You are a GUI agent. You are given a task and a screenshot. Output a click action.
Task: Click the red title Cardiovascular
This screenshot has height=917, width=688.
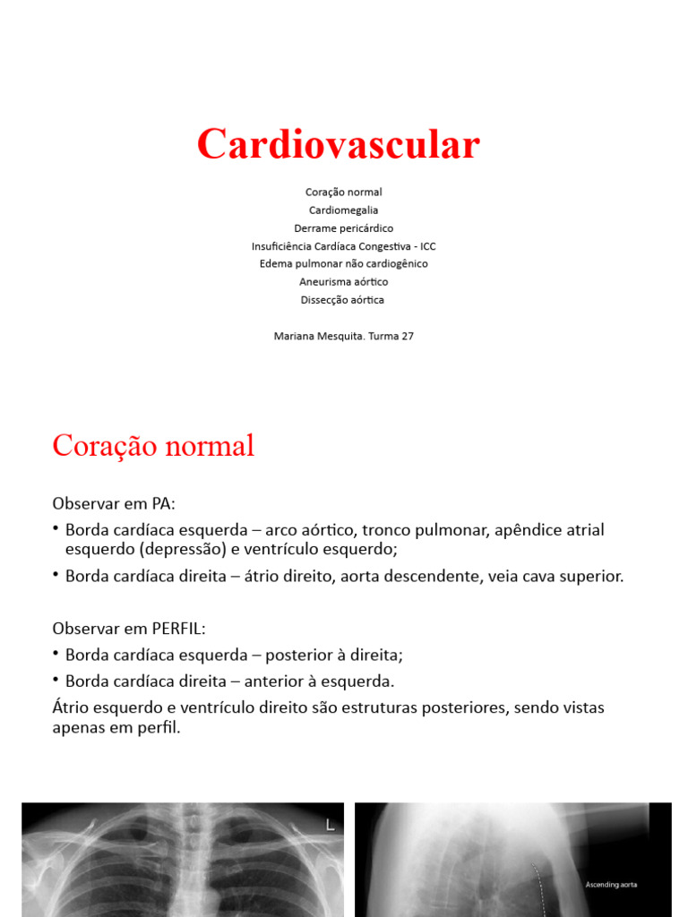tap(339, 144)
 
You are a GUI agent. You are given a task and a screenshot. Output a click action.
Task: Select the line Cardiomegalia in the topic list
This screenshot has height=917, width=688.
tap(343, 210)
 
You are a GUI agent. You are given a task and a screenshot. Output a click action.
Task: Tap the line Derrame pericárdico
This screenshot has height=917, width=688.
tap(343, 228)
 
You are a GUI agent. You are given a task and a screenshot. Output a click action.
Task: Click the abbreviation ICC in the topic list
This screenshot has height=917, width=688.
tap(427, 246)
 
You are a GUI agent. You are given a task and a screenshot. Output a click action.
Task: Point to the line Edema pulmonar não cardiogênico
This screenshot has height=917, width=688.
tap(343, 264)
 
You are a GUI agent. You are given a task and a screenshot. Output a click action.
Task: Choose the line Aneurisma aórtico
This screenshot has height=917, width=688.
tap(343, 282)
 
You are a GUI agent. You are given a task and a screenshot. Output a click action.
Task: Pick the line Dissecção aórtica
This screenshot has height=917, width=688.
tap(343, 300)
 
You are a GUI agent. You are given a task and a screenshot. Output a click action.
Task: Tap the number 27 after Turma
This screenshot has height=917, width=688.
tap(407, 337)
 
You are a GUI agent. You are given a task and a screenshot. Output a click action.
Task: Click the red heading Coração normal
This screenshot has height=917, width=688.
tap(153, 446)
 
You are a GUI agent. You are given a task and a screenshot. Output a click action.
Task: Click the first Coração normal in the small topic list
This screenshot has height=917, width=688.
tap(343, 193)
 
